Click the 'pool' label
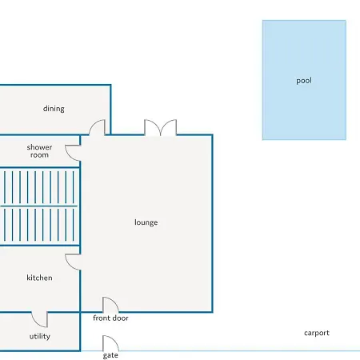click(x=304, y=81)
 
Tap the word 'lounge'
click(x=146, y=222)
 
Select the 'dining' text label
click(x=54, y=109)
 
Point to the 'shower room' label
click(x=39, y=151)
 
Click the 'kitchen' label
click(x=39, y=278)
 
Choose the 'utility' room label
click(x=40, y=336)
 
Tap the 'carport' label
click(x=317, y=333)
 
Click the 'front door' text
click(x=110, y=318)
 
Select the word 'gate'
click(x=110, y=355)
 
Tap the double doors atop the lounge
click(x=160, y=127)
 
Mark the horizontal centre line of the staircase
click(x=39, y=206)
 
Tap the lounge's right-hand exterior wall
click(x=212, y=223)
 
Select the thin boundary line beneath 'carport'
click(x=239, y=351)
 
